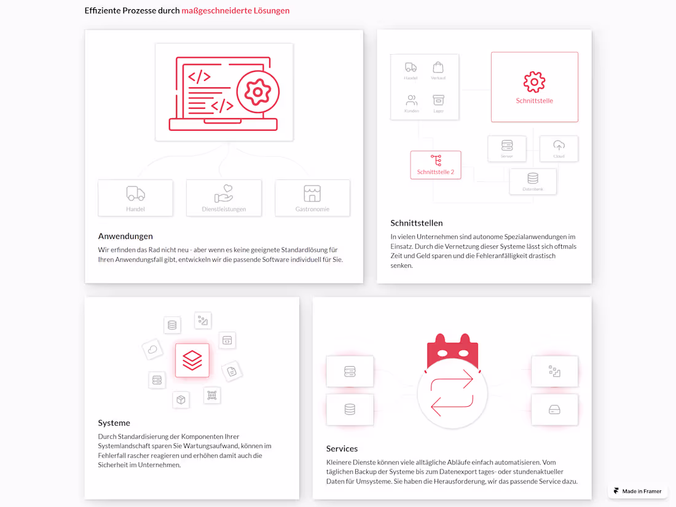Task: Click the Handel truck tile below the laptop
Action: (x=135, y=198)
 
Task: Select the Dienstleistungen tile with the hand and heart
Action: (x=224, y=198)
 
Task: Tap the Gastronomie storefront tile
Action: (x=312, y=198)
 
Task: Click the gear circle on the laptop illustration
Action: (x=257, y=92)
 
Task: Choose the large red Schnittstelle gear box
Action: (x=534, y=87)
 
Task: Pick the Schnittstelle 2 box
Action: (x=435, y=165)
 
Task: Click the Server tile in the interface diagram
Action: (x=506, y=148)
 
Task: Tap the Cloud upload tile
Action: (x=559, y=148)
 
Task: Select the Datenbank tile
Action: (x=533, y=181)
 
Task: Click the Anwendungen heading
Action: (x=125, y=236)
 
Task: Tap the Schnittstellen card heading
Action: (x=416, y=223)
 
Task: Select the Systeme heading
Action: (x=114, y=423)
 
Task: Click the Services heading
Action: (x=342, y=449)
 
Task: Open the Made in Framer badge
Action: (x=637, y=491)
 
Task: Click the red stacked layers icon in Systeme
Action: (x=192, y=360)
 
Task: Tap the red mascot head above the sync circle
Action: (x=452, y=352)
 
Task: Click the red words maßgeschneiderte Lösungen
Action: (x=235, y=10)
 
